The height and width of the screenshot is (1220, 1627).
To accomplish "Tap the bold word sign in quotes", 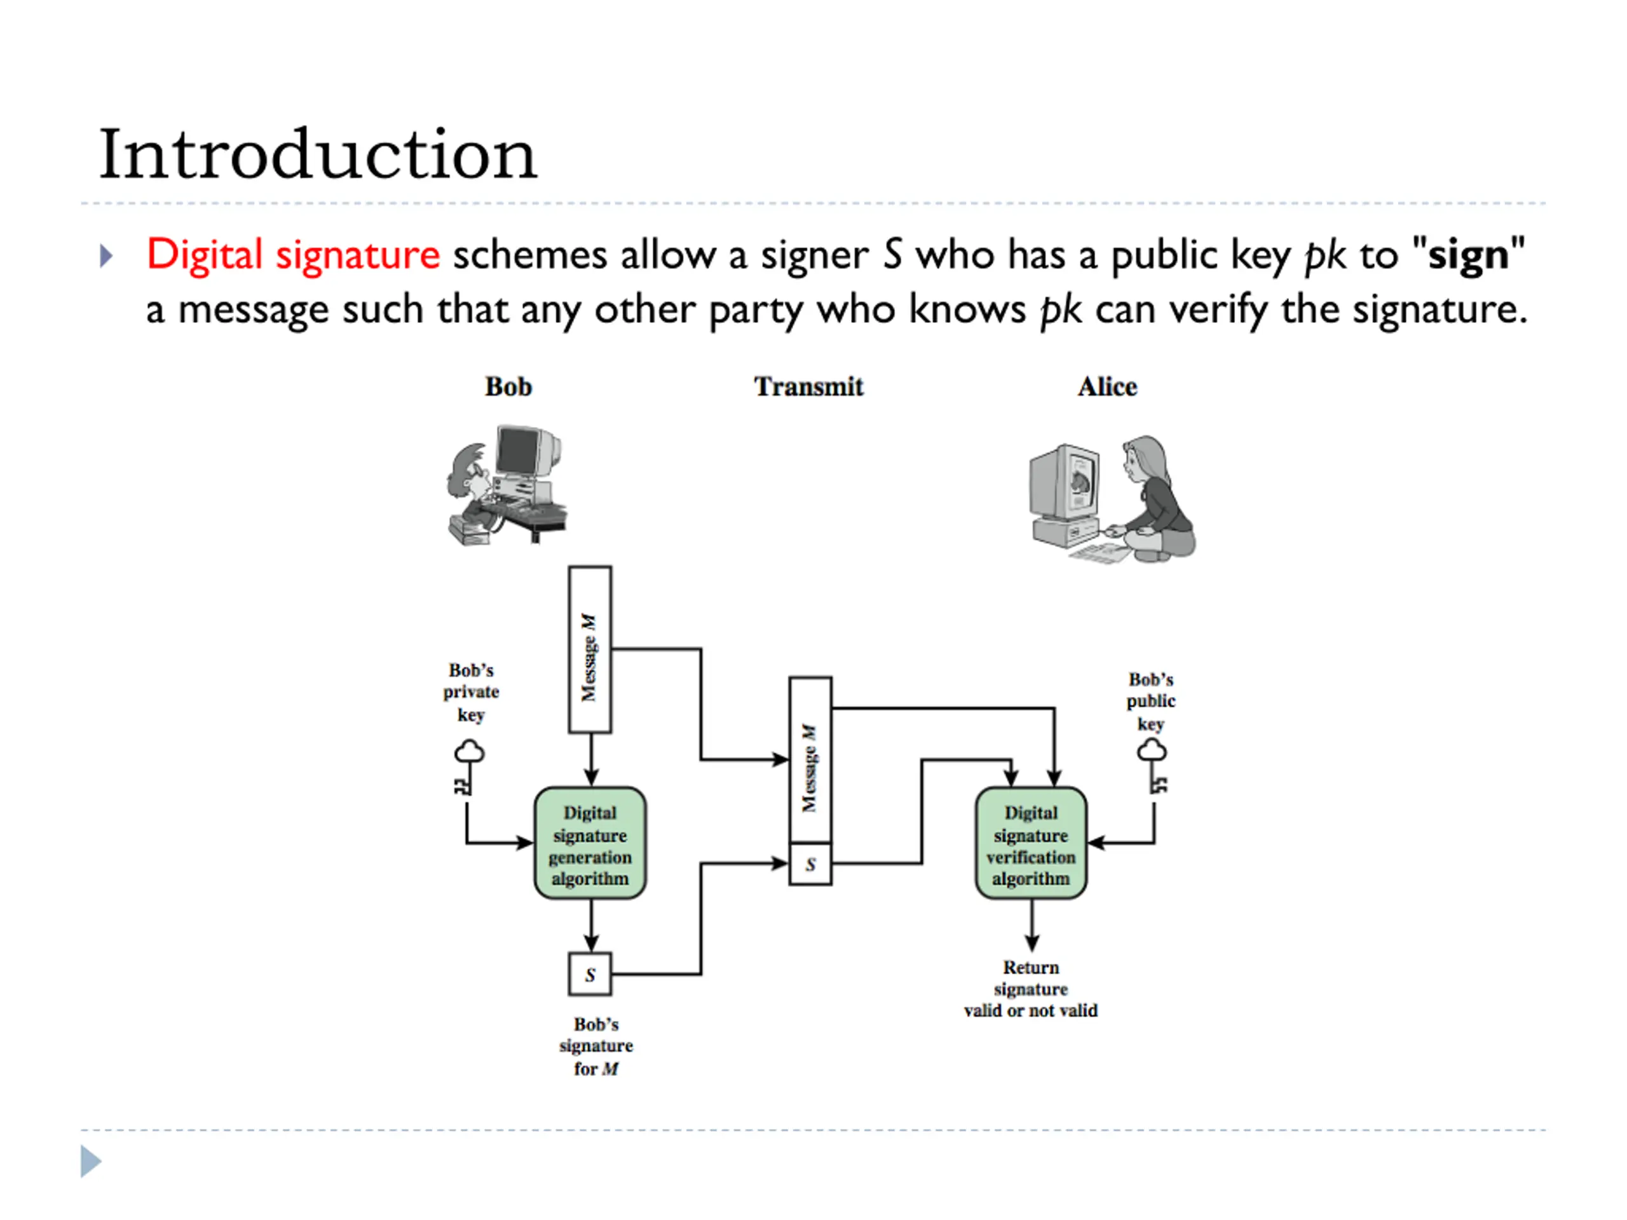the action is pos(1468,256).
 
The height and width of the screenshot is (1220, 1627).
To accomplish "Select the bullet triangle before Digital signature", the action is pos(107,256).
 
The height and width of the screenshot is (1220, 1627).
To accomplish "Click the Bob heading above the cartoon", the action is pos(508,387).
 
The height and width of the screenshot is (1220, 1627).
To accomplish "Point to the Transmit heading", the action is pos(809,387).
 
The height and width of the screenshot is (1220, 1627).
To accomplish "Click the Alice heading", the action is pos(1108,387).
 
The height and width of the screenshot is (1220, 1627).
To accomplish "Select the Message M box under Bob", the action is pos(590,649).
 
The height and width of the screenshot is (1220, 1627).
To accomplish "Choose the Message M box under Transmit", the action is pos(810,760).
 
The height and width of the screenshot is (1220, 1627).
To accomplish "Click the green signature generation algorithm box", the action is pos(590,843).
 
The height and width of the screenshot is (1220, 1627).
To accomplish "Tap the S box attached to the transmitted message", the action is pos(810,864).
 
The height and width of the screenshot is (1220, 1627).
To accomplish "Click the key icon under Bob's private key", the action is pos(468,768).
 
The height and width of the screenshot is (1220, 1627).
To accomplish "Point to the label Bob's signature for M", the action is pos(596,1046).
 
